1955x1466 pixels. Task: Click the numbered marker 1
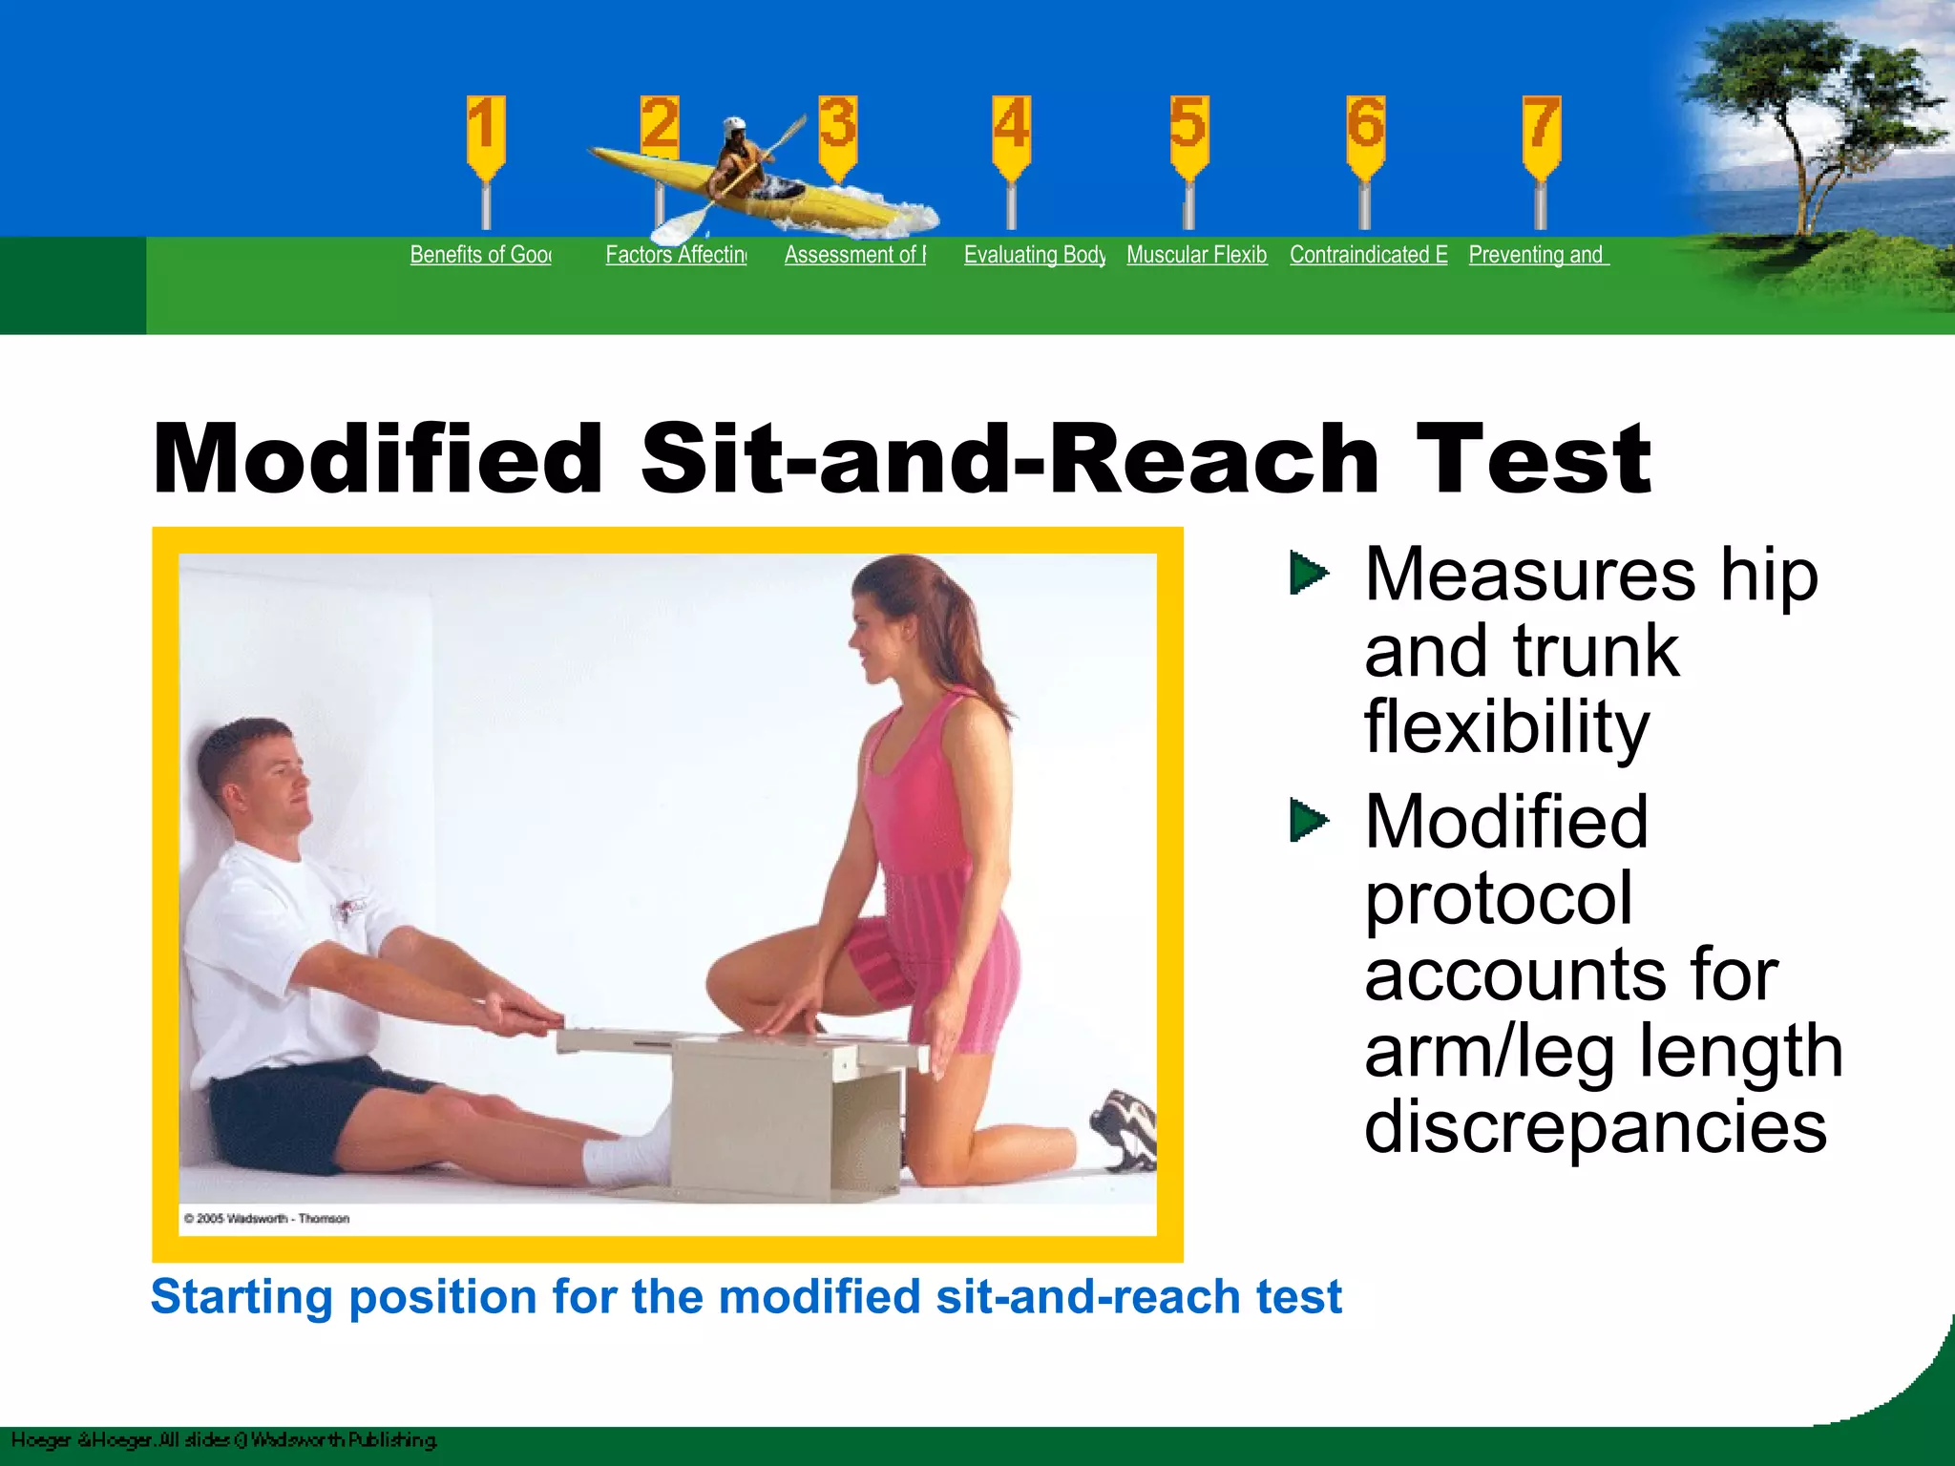485,129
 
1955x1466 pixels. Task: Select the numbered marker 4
1011,129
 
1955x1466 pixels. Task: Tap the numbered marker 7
1541,129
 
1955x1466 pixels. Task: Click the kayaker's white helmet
733,127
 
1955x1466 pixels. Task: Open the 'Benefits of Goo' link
480,255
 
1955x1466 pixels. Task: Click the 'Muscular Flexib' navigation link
1196,255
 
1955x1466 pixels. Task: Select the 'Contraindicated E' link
1368,255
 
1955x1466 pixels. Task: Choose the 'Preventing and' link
1538,255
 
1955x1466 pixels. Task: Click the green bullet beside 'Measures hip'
1308,573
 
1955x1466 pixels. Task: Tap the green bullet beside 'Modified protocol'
1308,821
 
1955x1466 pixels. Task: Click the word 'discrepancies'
1595,1127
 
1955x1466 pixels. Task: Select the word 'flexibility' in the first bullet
1506,727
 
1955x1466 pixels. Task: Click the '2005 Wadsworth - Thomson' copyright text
266,1219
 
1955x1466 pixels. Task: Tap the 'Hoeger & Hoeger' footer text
81,1440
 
